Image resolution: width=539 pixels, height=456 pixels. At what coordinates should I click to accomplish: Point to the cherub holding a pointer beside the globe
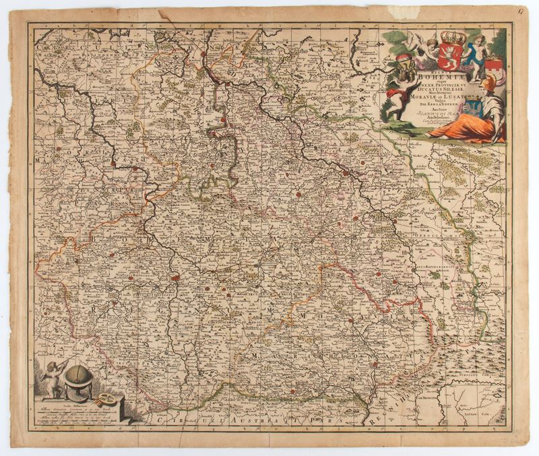(x=53, y=379)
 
